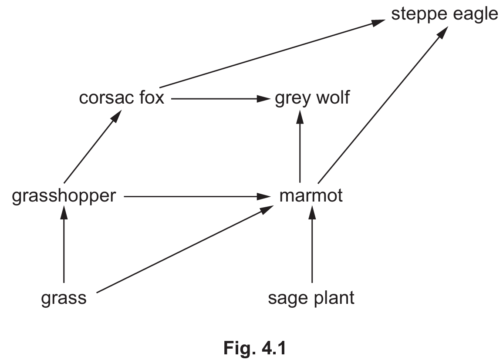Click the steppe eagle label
pos(444,14)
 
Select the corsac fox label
pos(122,98)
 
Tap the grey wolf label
pos(312,98)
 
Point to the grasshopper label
pos(64,196)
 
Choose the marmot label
pos(311,196)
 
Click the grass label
pos(64,299)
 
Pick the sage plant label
pos(311,299)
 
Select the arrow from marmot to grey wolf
pos(300,146)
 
